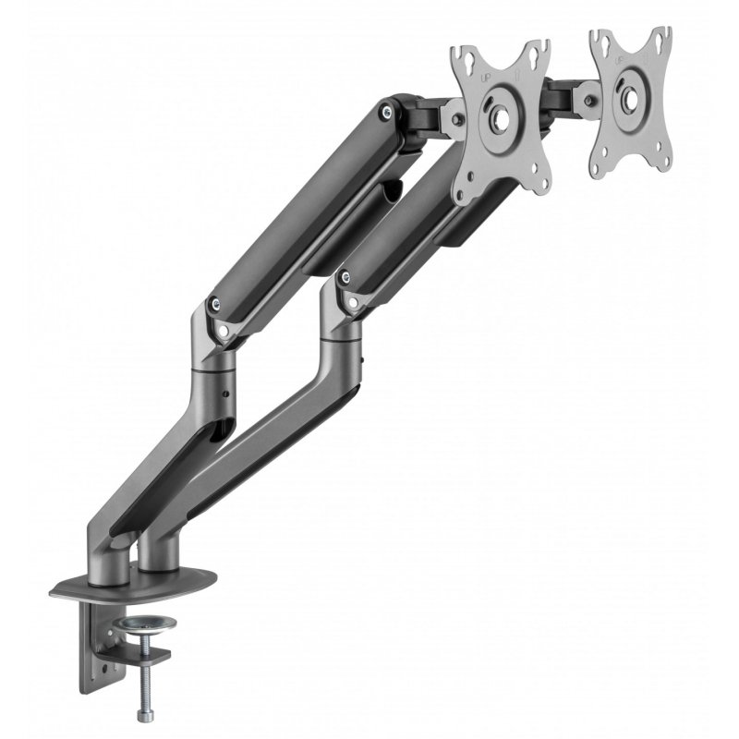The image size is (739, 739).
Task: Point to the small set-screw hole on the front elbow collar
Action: pos(225,397)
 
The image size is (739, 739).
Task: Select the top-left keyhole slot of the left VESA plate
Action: pos(464,57)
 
